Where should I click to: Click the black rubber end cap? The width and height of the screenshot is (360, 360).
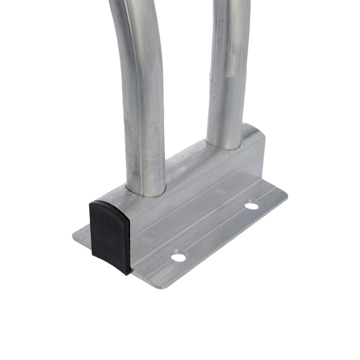110,236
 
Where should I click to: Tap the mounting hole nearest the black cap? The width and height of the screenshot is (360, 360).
179,257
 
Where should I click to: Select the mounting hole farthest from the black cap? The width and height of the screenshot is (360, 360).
252,206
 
